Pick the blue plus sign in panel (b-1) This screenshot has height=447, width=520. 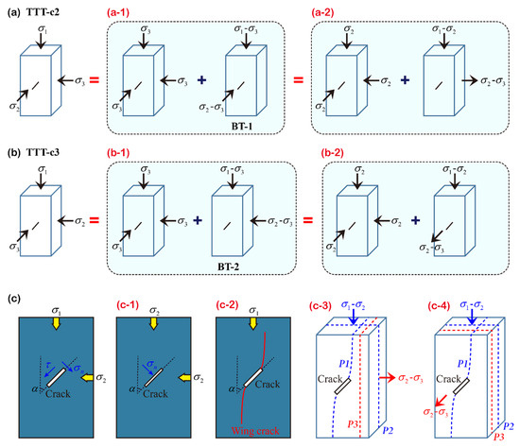tap(199, 218)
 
